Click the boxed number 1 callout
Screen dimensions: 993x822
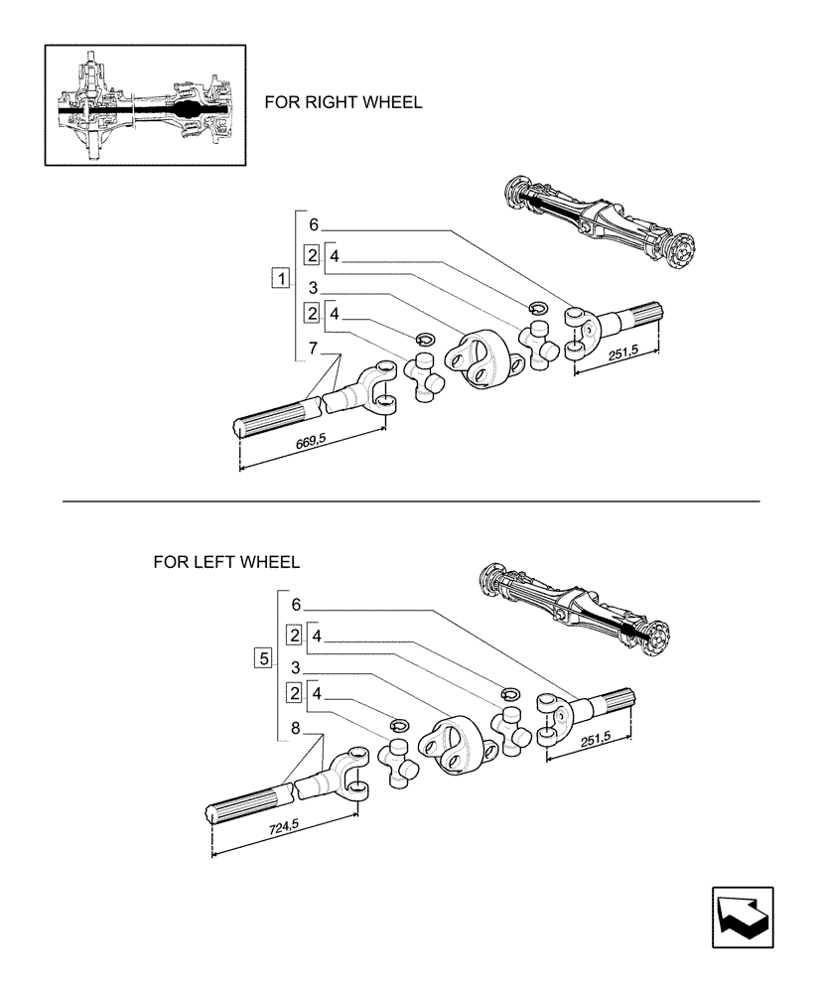pyautogui.click(x=281, y=279)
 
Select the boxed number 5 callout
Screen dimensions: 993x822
pyautogui.click(x=262, y=657)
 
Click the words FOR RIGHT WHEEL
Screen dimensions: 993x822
pyautogui.click(x=342, y=102)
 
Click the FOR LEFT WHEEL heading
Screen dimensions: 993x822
pyautogui.click(x=226, y=562)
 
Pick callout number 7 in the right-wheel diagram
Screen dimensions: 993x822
pyautogui.click(x=313, y=348)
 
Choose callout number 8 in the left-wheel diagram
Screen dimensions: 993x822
pyautogui.click(x=295, y=729)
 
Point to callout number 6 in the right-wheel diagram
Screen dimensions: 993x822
pyautogui.click(x=313, y=224)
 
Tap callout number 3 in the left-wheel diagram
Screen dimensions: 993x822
pyautogui.click(x=296, y=666)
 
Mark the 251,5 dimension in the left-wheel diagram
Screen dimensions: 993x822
pyautogui.click(x=594, y=736)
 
